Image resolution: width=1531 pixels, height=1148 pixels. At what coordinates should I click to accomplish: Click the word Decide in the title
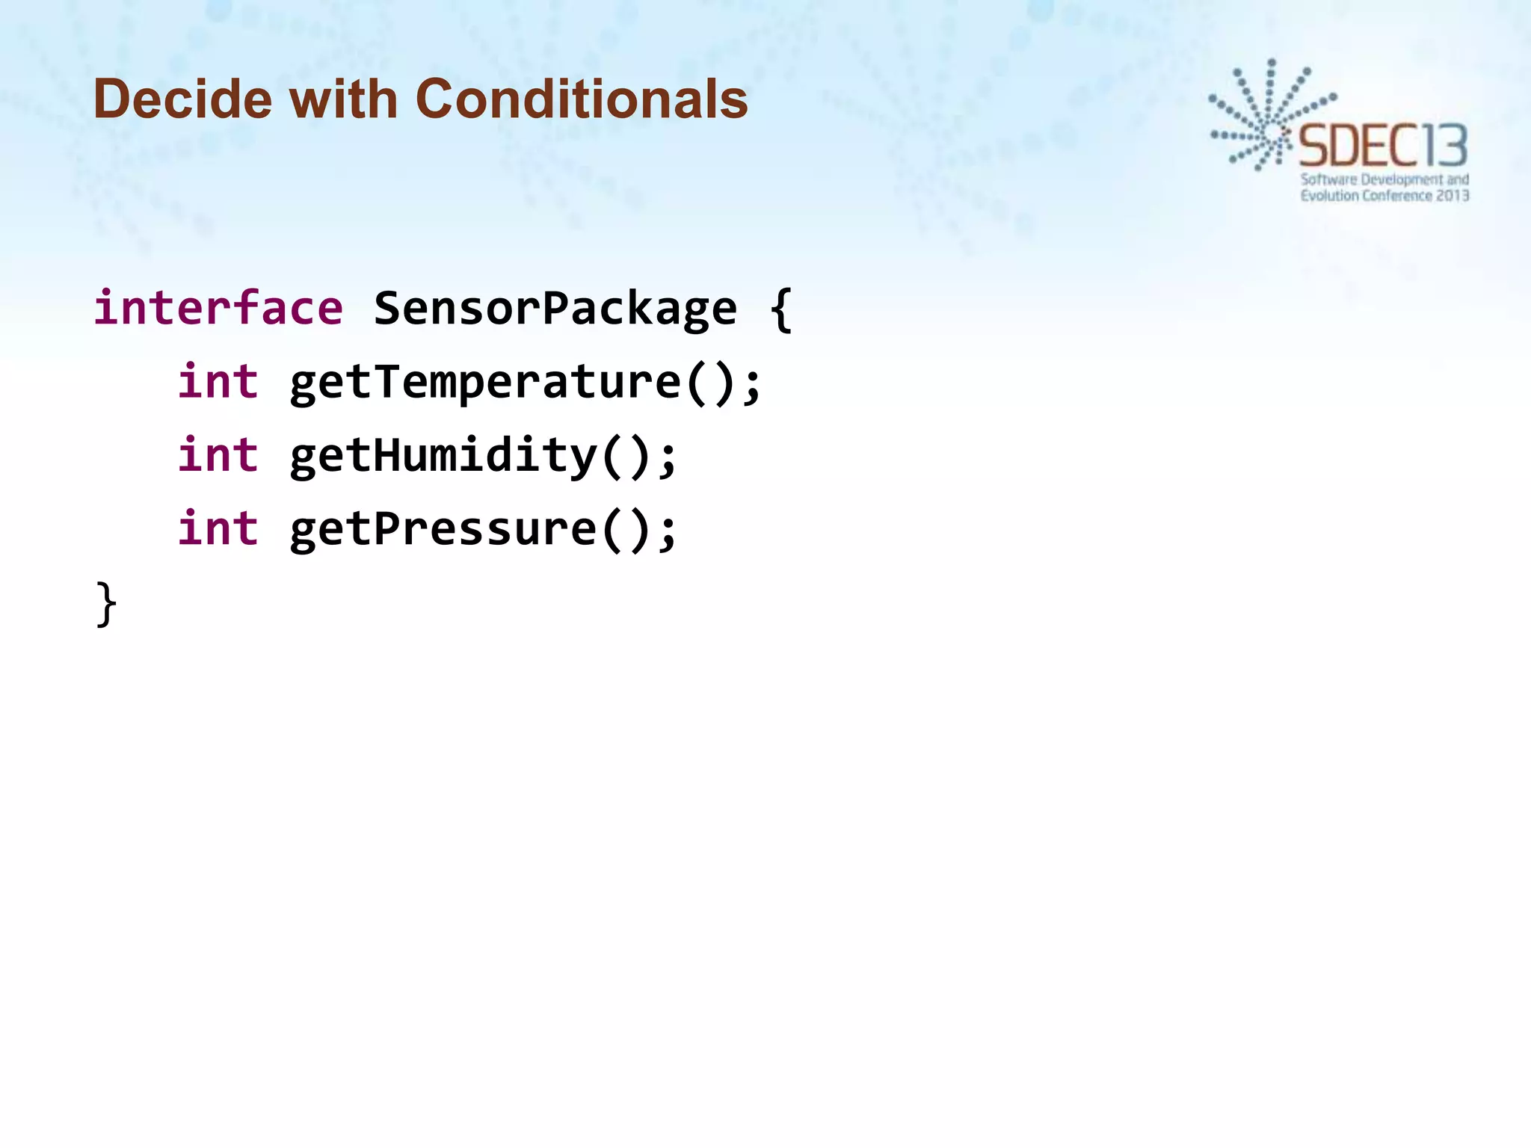click(x=182, y=99)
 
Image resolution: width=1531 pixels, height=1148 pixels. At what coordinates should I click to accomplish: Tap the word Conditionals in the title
click(x=581, y=99)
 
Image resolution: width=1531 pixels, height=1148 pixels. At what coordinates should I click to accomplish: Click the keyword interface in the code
click(x=218, y=308)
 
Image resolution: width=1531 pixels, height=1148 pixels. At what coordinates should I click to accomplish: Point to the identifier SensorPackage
click(x=555, y=308)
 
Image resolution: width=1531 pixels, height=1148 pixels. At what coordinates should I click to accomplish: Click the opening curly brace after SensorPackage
click(x=780, y=309)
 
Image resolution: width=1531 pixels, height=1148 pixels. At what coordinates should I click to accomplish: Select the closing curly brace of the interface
click(x=107, y=604)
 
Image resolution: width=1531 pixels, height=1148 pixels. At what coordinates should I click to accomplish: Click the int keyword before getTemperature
click(x=218, y=382)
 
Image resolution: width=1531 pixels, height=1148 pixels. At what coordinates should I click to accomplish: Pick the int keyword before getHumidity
click(x=218, y=455)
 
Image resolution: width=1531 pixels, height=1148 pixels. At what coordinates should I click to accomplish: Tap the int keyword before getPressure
click(x=218, y=528)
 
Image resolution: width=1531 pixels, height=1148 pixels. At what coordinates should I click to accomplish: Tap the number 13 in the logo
click(x=1444, y=146)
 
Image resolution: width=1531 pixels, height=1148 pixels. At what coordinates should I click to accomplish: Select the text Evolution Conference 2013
click(x=1384, y=196)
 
